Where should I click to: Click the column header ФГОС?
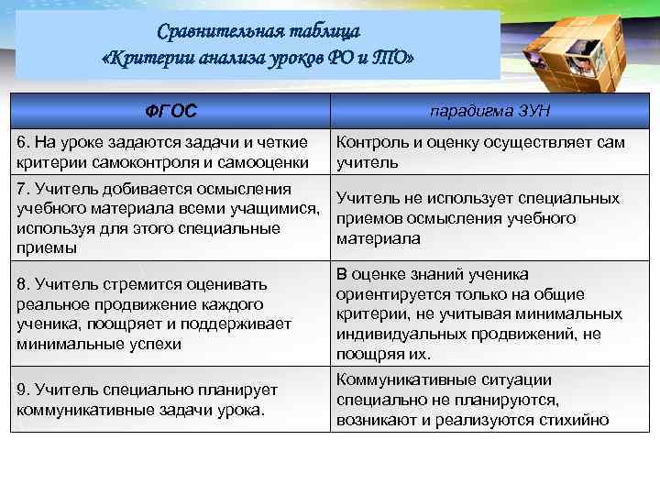[170, 112]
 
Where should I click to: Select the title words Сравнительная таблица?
[258, 33]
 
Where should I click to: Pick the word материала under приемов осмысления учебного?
[379, 238]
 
